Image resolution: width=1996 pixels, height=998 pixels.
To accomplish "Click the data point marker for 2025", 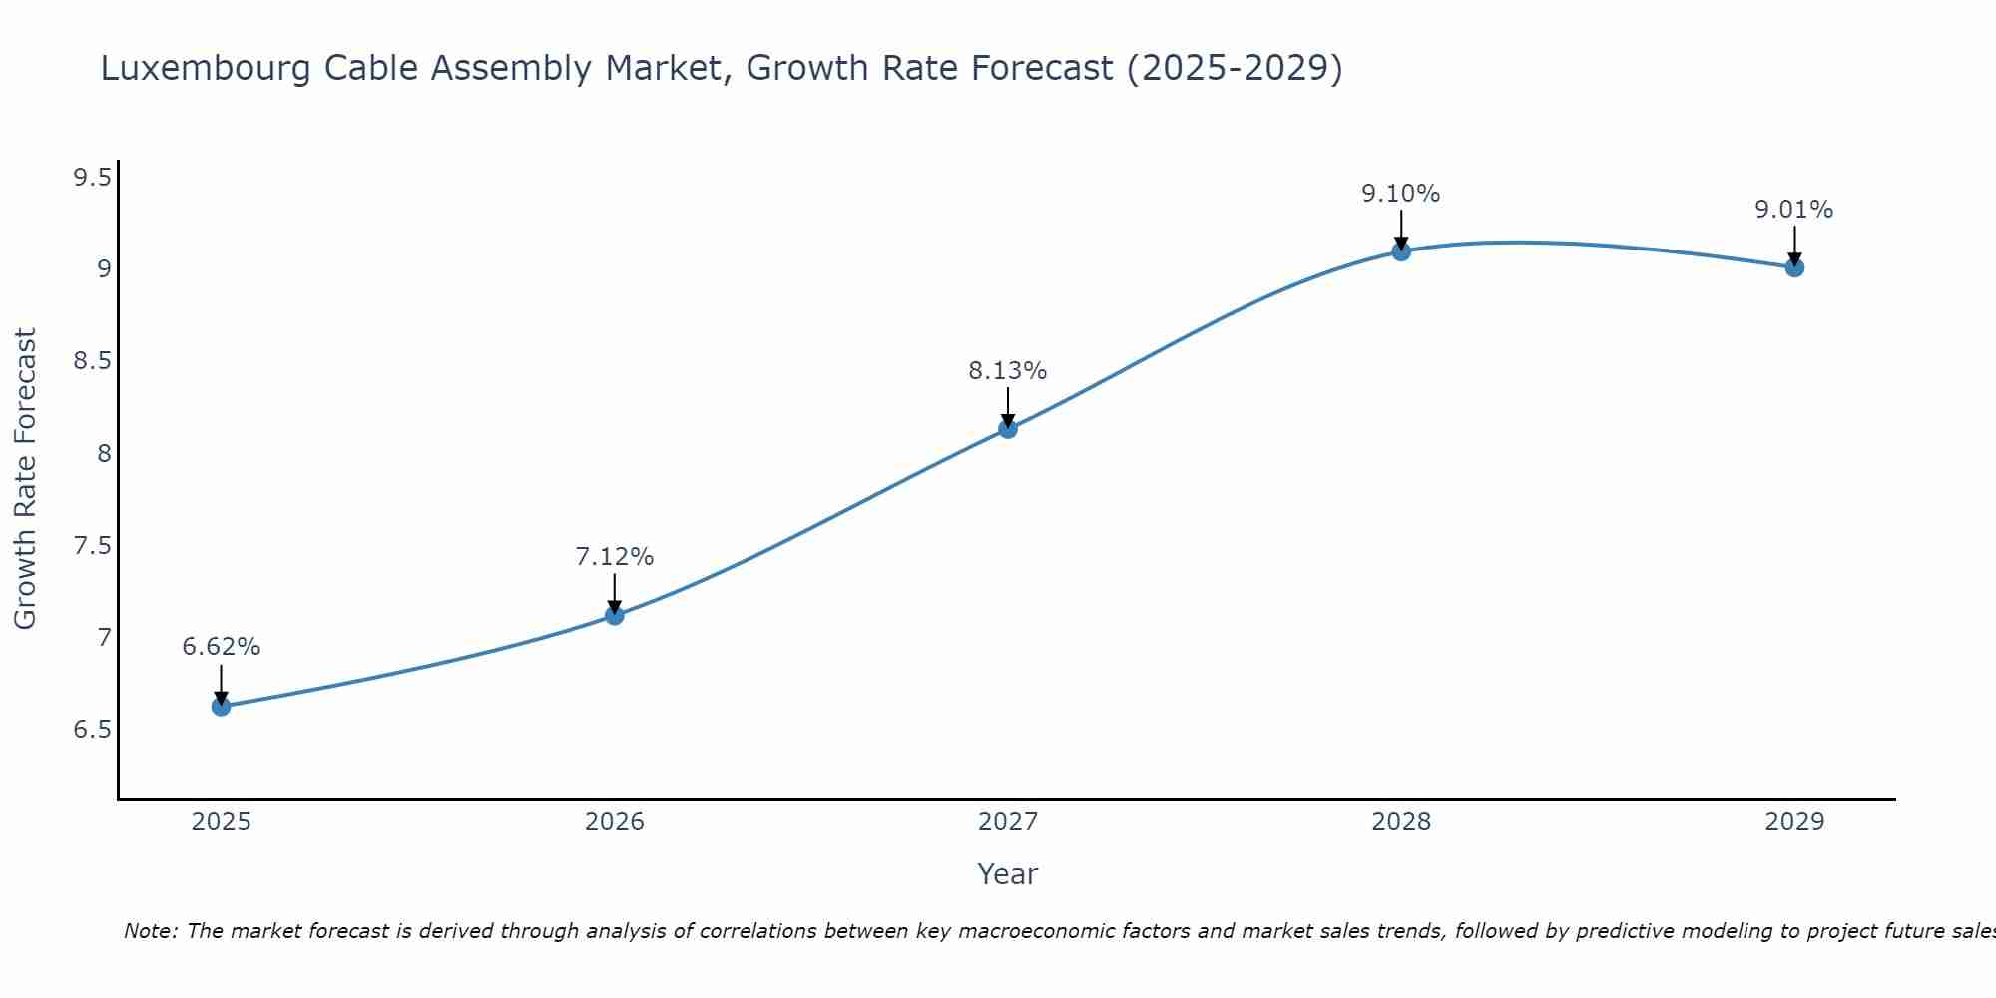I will point(221,707).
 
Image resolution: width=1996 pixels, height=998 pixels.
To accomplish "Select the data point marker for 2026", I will point(615,615).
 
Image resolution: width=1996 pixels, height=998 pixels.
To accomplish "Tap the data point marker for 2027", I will point(1008,429).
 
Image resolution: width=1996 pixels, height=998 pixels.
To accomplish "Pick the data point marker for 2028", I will point(1401,251).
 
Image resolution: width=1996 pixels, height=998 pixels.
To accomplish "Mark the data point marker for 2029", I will point(1794,267).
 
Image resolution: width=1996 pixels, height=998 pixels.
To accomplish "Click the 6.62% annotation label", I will point(221,647).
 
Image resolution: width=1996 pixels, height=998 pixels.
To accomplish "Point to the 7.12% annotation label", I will point(615,557).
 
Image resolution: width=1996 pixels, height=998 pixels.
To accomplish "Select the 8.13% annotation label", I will point(1008,371).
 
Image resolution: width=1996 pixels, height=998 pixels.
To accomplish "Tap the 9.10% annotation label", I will point(1401,194).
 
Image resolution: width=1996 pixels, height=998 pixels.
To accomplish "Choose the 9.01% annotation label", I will point(1794,210).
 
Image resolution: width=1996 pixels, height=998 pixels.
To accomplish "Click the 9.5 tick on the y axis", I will point(92,178).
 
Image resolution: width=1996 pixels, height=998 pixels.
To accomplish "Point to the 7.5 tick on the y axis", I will point(92,546).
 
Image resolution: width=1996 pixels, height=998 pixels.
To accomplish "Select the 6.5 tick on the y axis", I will point(92,730).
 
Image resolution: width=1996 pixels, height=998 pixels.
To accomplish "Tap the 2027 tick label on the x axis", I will point(1008,822).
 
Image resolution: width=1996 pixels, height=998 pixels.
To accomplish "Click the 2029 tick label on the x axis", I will point(1794,822).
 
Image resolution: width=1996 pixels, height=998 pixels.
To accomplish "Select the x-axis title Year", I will point(1008,874).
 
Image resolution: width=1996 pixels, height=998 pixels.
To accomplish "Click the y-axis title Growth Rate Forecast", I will point(25,479).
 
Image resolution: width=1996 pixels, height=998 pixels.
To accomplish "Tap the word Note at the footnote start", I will point(150,931).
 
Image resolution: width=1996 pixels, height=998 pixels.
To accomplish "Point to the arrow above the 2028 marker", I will point(1401,230).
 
